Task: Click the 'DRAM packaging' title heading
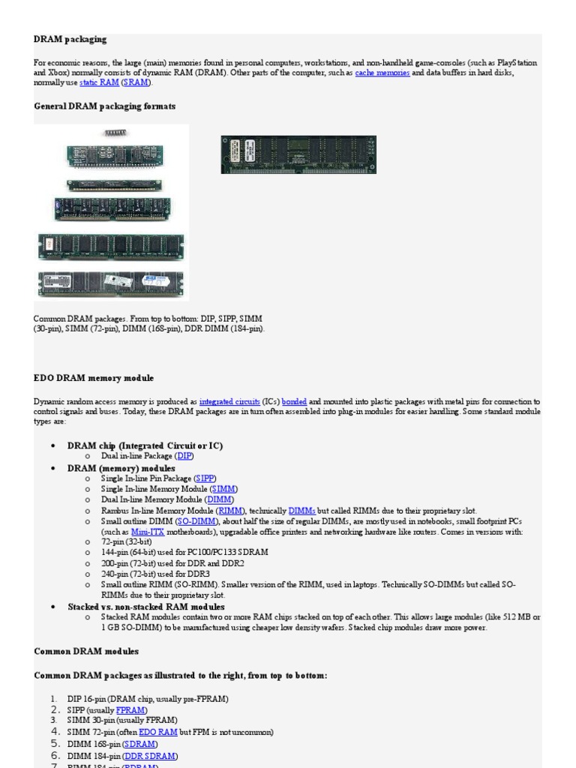pos(70,38)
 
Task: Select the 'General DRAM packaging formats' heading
pos(105,106)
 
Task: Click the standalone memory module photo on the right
pos(298,154)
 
